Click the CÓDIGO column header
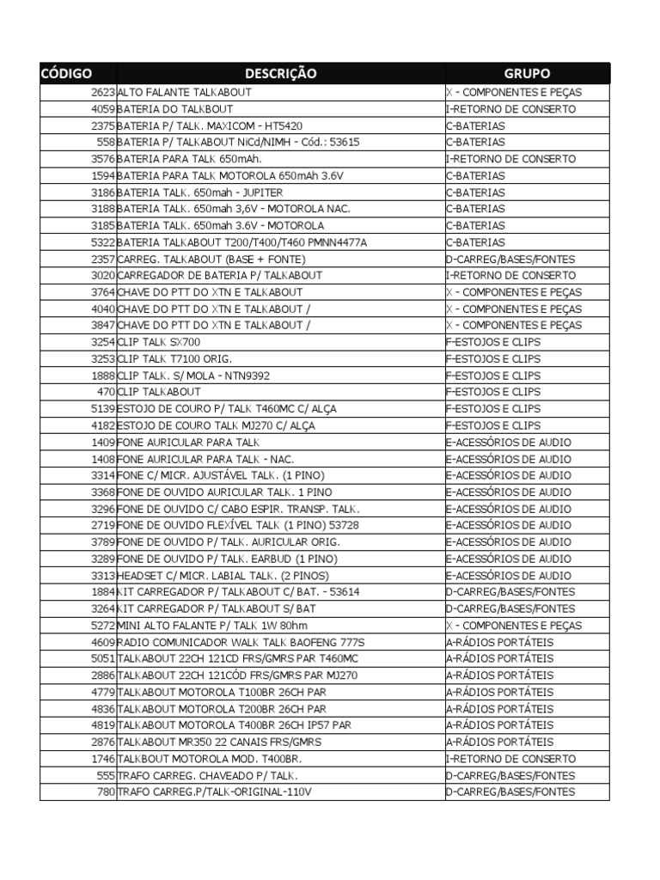[66, 74]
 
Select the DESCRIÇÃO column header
[280, 74]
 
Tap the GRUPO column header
[527, 74]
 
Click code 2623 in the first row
[101, 93]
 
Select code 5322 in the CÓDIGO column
[101, 242]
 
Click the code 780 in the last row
[105, 791]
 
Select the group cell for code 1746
[510, 759]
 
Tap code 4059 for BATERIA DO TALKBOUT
[101, 109]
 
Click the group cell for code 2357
[510, 259]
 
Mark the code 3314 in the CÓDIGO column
[101, 475]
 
